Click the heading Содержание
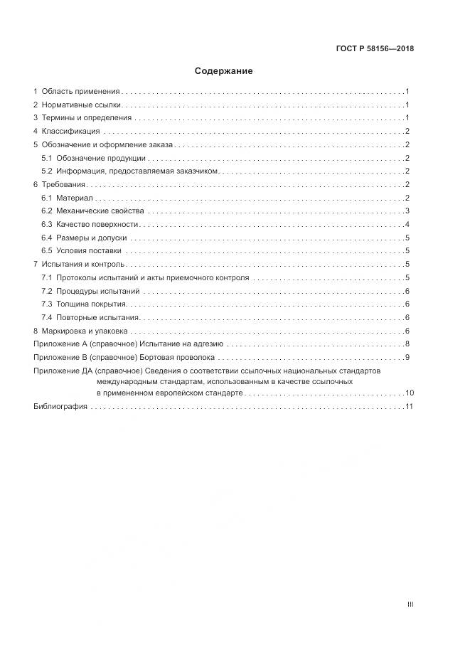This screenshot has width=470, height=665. [224, 71]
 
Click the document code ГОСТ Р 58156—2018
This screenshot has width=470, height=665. [375, 49]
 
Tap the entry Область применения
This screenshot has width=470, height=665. [81, 92]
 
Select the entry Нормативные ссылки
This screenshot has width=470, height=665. [81, 105]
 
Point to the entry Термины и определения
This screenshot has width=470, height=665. [87, 118]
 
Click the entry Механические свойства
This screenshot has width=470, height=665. [100, 211]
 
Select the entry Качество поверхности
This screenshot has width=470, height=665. [97, 225]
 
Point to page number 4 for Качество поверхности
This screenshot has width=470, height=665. [406, 225]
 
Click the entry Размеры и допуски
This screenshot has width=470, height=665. [92, 238]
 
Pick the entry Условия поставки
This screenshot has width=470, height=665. [89, 251]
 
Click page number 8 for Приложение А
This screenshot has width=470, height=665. [406, 344]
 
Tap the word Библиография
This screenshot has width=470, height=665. [60, 407]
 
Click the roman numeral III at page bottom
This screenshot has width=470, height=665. [410, 605]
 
